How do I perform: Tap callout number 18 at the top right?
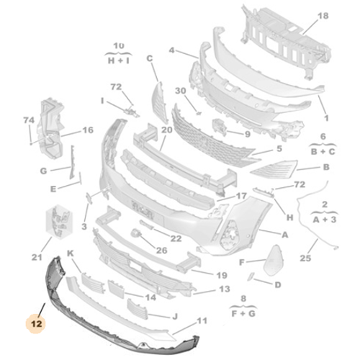pos(322,15)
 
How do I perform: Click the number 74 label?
pos(29,120)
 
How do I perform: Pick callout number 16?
pos(88,130)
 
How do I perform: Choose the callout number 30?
pos(181,91)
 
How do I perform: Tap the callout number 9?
pos(247,134)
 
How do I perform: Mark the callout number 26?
pos(161,251)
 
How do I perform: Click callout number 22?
pos(176,238)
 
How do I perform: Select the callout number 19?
pos(221,275)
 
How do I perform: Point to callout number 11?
pos(202,320)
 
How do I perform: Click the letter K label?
pos(71,254)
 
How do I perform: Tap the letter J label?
pos(175,315)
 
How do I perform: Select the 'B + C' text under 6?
pos(323,152)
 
